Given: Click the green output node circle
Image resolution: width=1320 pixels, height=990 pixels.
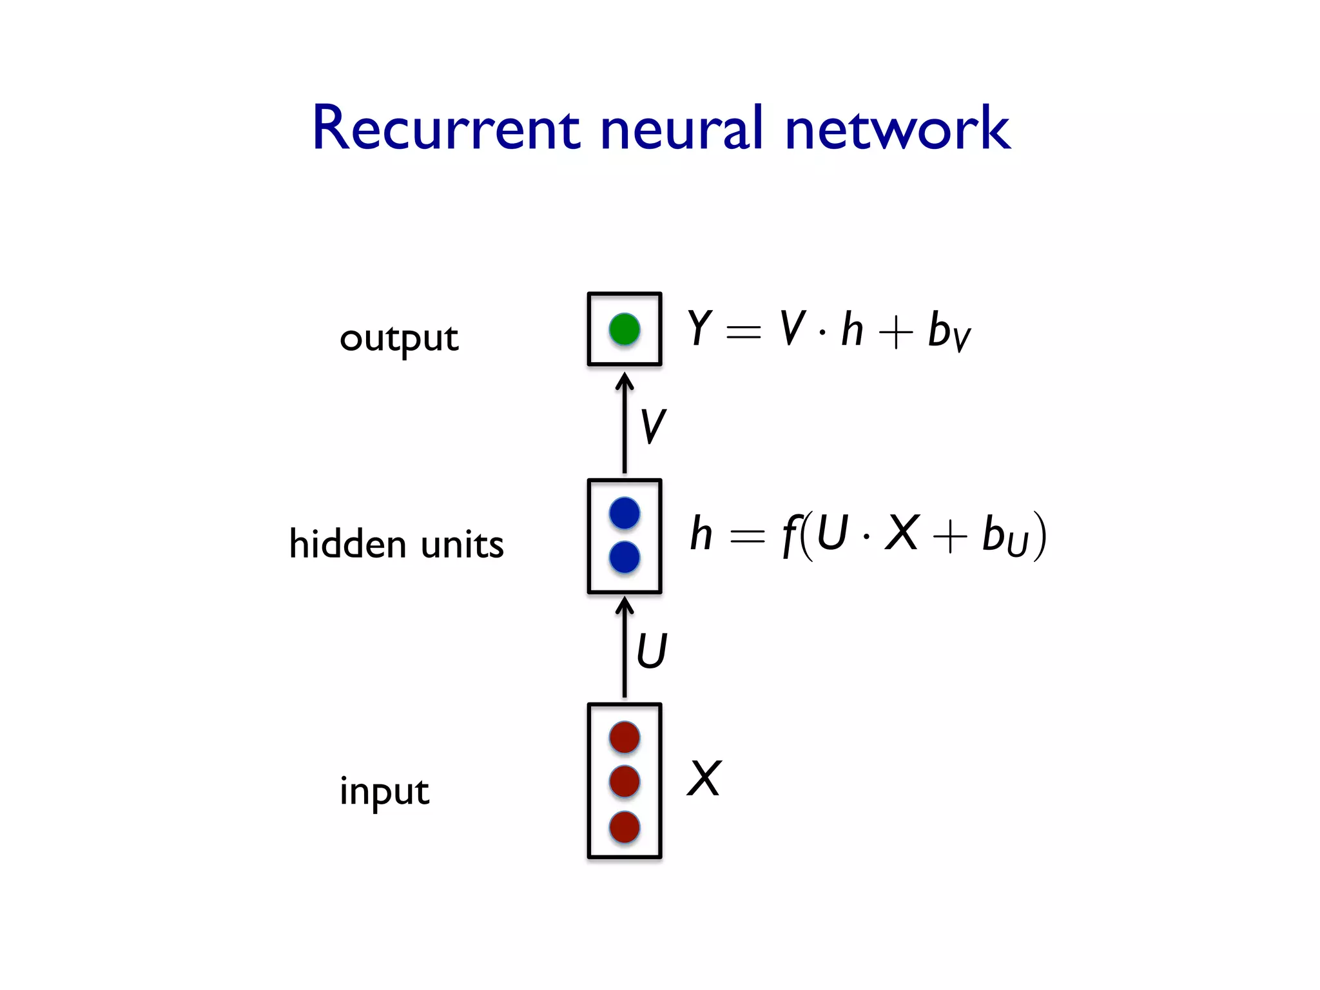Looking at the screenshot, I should coord(625,329).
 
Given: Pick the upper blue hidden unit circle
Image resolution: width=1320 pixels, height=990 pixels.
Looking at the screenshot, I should coord(625,514).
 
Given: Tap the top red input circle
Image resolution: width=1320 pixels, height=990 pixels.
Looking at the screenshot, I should coord(625,737).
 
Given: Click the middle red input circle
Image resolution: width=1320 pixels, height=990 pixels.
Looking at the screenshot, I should coord(625,781).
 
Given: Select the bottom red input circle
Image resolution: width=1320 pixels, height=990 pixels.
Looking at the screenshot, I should coord(625,827).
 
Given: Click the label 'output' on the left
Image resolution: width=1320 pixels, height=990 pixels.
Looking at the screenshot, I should coord(399,339).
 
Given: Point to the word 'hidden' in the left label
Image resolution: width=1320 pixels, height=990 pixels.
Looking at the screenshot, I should coord(347,544).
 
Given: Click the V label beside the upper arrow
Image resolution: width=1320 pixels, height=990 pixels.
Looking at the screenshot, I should coord(653,427).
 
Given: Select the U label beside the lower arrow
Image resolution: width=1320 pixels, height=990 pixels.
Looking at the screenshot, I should coord(652,651).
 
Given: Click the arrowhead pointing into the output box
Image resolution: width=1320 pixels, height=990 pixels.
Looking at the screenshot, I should coord(625,381).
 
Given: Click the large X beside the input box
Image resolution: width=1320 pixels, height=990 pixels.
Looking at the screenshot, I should coord(704,779).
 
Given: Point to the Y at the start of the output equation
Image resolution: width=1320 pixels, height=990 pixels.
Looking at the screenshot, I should coord(699,328).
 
